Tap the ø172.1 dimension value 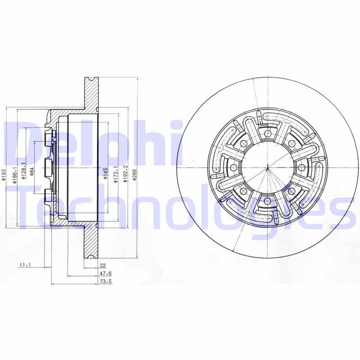click(x=115, y=173)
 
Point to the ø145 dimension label click(x=105, y=173)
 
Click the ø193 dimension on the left click(x=3, y=175)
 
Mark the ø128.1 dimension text click(x=22, y=171)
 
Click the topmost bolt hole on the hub click(x=267, y=134)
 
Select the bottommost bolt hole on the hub click(x=267, y=201)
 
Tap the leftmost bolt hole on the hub click(x=234, y=167)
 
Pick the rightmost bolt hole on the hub click(x=301, y=167)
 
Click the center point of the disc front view click(x=267, y=167)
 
